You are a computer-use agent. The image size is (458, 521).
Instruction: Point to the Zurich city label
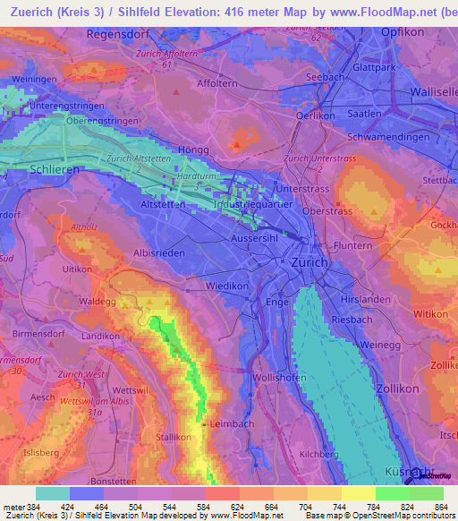pyautogui.click(x=310, y=263)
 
